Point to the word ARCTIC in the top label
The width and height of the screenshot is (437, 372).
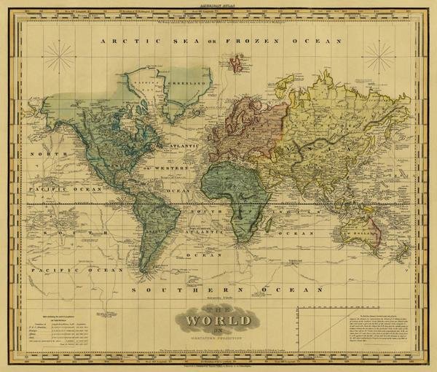pos(125,42)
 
